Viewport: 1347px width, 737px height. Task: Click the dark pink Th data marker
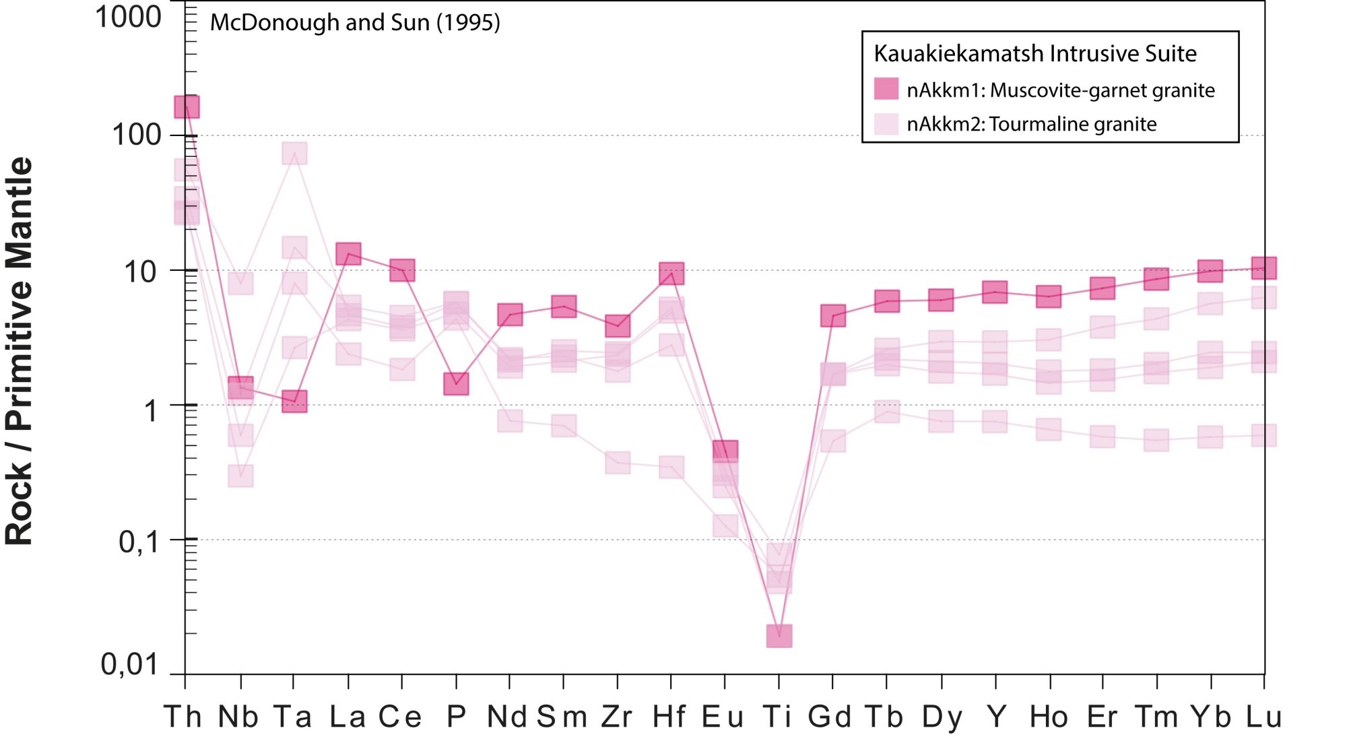[187, 106]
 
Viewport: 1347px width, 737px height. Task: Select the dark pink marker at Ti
[779, 635]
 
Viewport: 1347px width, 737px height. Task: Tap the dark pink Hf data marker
[671, 274]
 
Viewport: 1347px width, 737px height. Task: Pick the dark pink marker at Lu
[1264, 267]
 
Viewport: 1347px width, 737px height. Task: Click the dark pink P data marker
[456, 384]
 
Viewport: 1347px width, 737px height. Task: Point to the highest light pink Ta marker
[294, 154]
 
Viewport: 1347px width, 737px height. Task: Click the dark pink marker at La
[348, 254]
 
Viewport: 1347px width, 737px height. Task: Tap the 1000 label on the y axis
[128, 17]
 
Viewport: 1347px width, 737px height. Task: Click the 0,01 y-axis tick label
[129, 665]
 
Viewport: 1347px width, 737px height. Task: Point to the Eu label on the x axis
[723, 717]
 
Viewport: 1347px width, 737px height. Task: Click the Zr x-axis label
[616, 717]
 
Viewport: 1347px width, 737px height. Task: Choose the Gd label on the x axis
[830, 717]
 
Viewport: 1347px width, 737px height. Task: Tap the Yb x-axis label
[1210, 717]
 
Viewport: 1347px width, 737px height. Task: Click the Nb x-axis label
[238, 717]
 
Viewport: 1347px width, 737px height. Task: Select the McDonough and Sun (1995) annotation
[355, 23]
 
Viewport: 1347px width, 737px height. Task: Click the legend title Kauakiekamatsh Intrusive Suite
[1035, 53]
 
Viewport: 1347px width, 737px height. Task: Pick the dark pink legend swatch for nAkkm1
[886, 89]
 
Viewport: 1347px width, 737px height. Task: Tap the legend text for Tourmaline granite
[1031, 125]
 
